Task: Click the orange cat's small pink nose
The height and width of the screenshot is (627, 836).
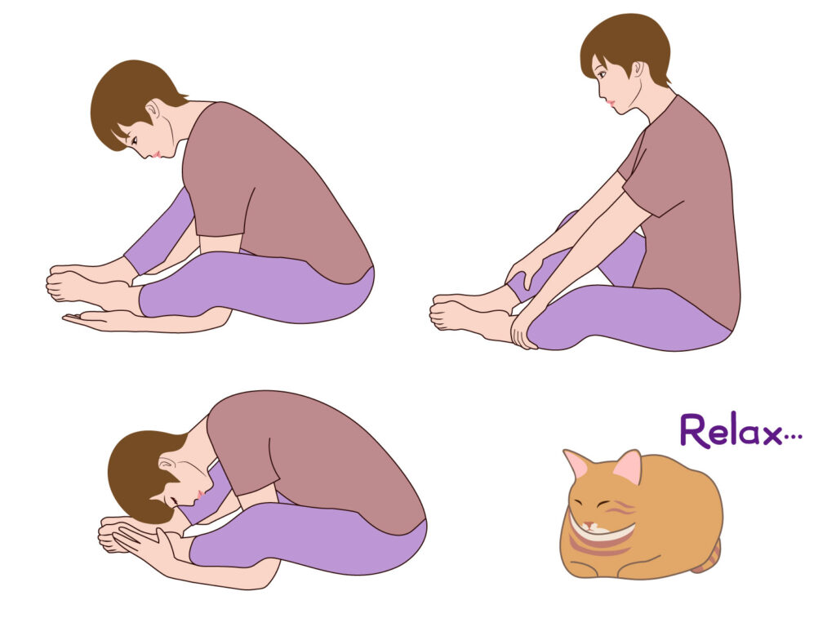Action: (x=588, y=525)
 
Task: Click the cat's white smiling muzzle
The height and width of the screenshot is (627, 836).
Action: (x=602, y=528)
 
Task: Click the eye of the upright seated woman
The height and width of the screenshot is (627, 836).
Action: (x=602, y=75)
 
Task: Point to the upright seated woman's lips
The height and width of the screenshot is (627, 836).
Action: (x=611, y=102)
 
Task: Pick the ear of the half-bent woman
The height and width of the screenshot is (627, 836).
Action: (x=153, y=110)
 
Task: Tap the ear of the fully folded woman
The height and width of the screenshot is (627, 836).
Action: (x=168, y=464)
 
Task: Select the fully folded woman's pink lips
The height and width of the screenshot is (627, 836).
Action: (x=200, y=494)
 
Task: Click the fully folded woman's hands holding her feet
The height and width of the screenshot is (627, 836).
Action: (x=133, y=539)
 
